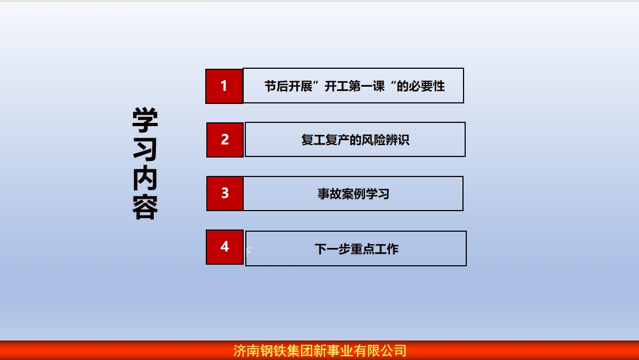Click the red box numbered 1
coord(224,86)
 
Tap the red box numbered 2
coord(225,140)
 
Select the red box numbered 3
coord(225,193)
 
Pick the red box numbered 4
coord(225,247)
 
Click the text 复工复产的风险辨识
coord(355,140)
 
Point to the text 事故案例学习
coord(353,193)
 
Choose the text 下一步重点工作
coord(356,249)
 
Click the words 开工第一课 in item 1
coord(355,86)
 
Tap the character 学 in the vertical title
coord(145,120)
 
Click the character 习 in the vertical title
coord(145,149)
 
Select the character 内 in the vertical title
coord(145,178)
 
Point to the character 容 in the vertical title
coord(145,207)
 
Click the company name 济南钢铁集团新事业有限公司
coord(320,351)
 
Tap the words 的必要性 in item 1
coord(421,86)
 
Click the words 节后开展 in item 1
coord(288,86)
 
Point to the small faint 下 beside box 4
coord(249,251)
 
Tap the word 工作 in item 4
coord(386,249)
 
